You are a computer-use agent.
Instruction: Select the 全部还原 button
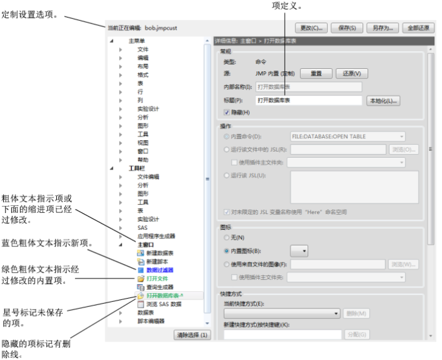[x=418, y=28]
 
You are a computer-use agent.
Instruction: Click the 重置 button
[x=316, y=73]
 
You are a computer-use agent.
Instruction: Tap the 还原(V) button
[x=352, y=73]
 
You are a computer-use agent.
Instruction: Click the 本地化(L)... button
[x=383, y=100]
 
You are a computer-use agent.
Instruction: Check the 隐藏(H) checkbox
[x=227, y=112]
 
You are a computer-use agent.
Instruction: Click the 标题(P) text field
[x=308, y=100]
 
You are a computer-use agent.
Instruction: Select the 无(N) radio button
[x=227, y=237]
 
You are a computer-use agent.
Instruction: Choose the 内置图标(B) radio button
[x=227, y=251]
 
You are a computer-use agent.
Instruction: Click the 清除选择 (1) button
[x=192, y=335]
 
